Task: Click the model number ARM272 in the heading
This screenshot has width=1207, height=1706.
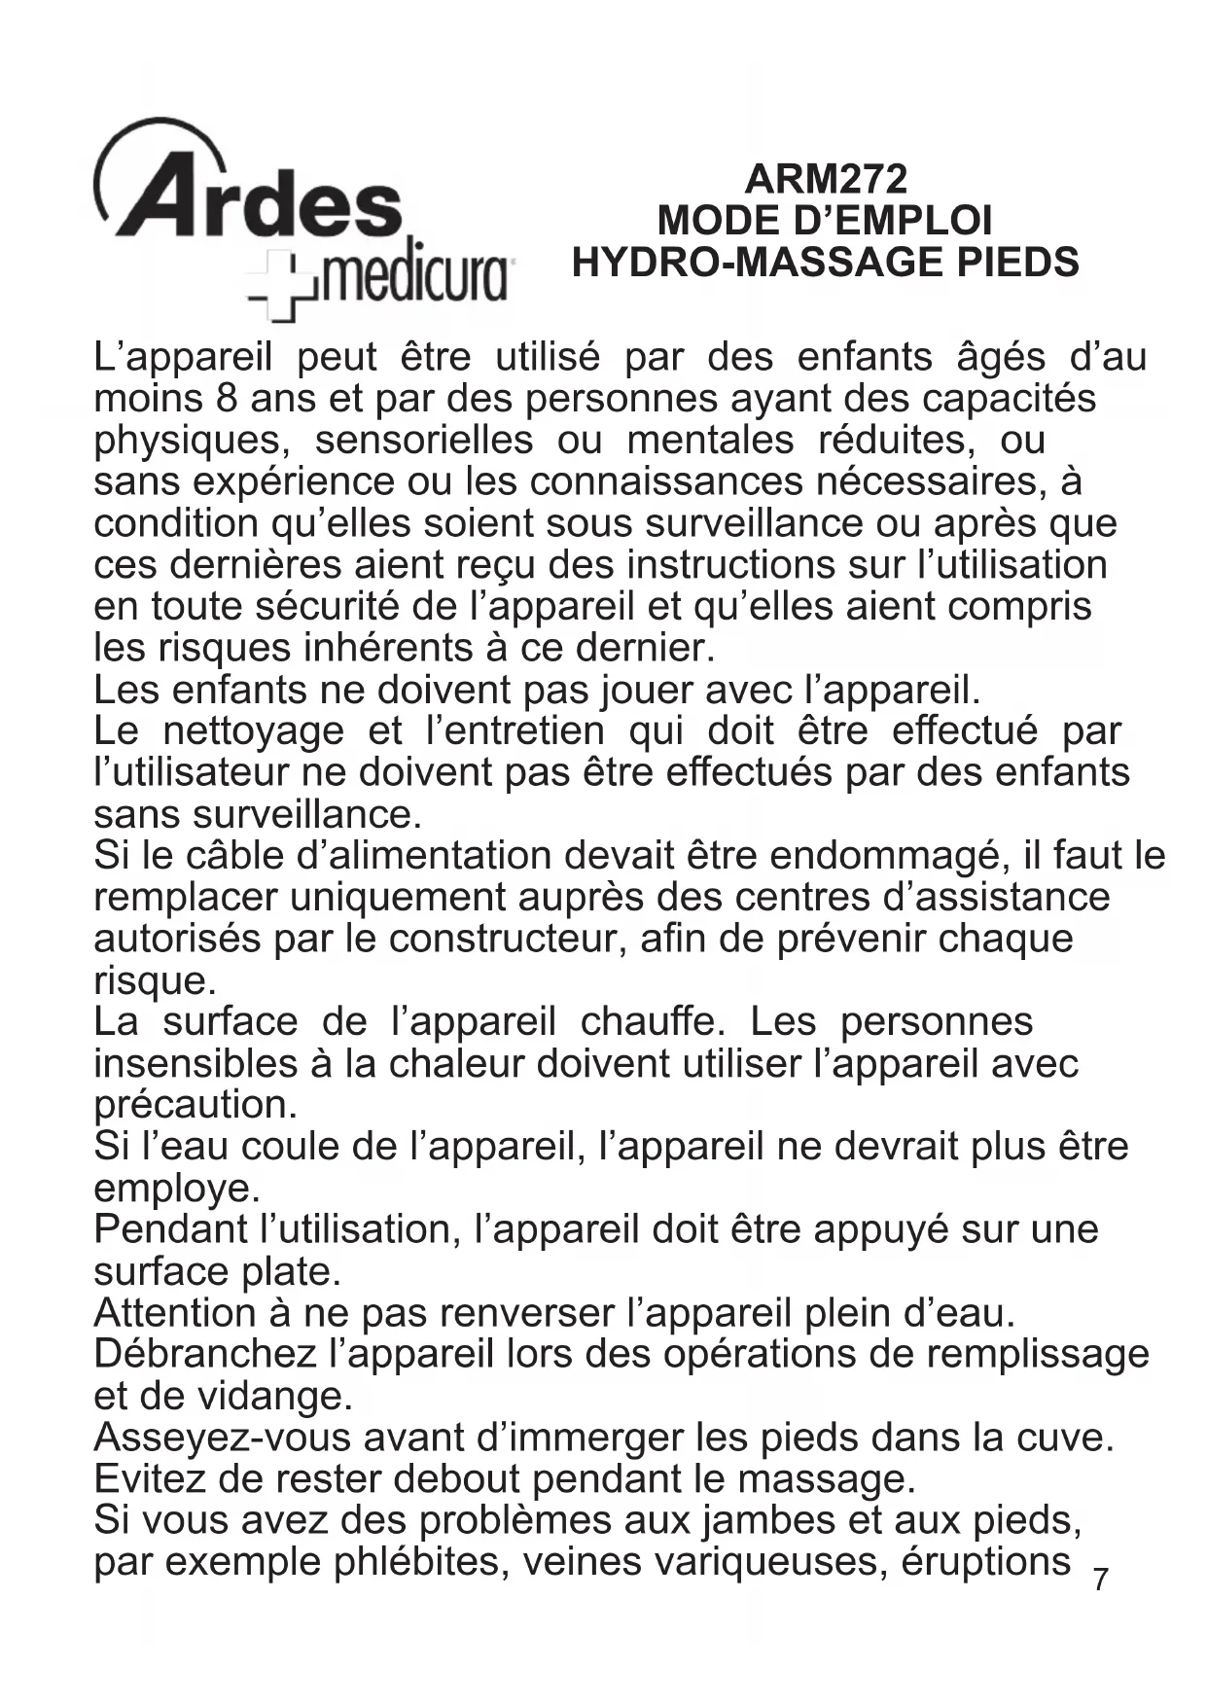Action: [825, 179]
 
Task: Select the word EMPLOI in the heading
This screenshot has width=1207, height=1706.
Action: [909, 221]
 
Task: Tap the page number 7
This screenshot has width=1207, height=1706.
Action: [1100, 1580]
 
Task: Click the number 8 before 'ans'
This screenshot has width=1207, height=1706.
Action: [218, 399]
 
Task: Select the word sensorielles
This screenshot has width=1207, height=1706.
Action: [424, 441]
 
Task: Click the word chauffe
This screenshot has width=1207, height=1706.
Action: [651, 1022]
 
